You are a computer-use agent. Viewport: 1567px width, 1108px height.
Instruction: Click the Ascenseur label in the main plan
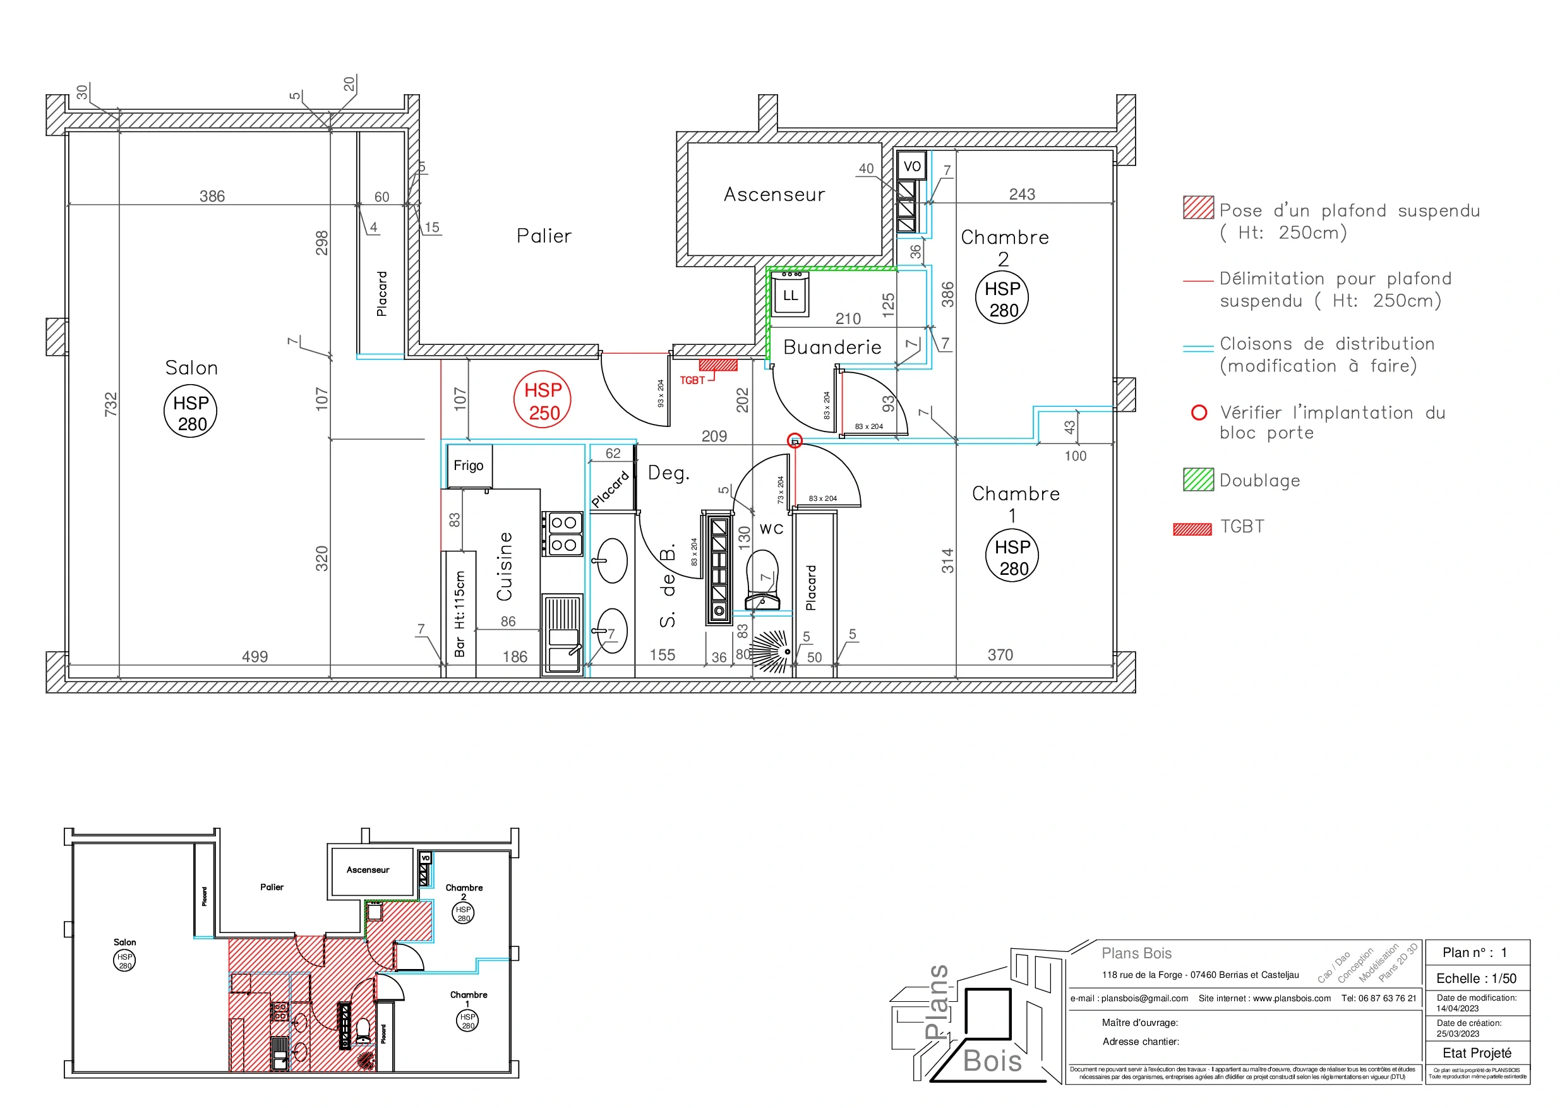(x=774, y=195)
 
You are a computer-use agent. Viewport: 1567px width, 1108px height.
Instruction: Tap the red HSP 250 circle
(x=543, y=400)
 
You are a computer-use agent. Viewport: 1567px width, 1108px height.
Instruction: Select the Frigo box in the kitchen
(x=468, y=466)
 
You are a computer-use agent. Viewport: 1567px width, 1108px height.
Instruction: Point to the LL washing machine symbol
(x=790, y=296)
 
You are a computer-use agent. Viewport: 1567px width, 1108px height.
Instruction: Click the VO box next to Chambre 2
(x=912, y=166)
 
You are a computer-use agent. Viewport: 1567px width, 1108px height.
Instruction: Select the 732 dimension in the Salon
(x=111, y=404)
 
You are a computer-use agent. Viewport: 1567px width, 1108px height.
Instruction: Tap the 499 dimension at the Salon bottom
(x=255, y=657)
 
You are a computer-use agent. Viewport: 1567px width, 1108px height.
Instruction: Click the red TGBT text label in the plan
(x=692, y=380)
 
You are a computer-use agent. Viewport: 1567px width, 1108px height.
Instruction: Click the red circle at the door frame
(x=795, y=441)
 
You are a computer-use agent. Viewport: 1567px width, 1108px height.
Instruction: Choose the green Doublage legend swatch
(x=1198, y=480)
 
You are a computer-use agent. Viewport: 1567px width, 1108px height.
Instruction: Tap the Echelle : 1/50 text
(x=1475, y=979)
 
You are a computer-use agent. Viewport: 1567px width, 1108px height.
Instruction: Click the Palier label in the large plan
(x=543, y=236)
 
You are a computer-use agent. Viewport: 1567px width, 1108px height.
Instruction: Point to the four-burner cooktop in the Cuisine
(x=563, y=534)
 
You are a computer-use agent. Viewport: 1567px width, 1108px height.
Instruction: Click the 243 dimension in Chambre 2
(x=1022, y=195)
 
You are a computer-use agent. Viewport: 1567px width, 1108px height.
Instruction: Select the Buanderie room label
(x=832, y=347)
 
